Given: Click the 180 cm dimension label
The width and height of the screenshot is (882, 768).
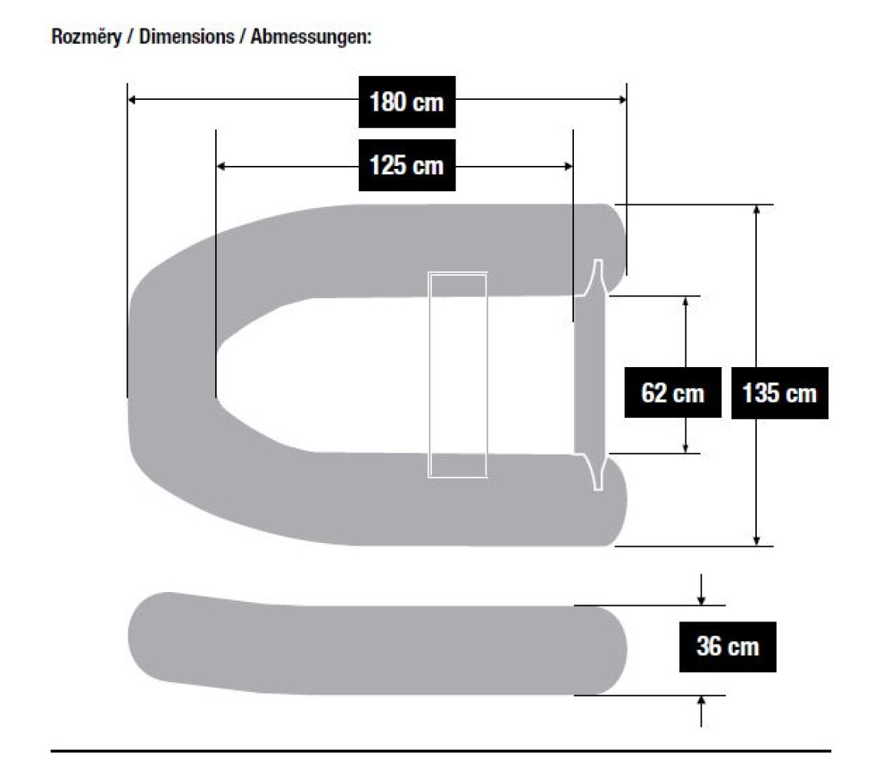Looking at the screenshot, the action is [x=407, y=101].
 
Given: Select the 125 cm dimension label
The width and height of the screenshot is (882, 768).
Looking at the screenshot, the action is [x=407, y=165].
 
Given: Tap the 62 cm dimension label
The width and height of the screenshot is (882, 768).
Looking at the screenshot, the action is [x=672, y=393].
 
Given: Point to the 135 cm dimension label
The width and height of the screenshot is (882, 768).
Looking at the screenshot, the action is [x=779, y=393].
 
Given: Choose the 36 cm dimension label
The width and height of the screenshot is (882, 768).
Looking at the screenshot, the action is [x=727, y=646].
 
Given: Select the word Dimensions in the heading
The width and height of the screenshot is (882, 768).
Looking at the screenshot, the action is [x=187, y=37].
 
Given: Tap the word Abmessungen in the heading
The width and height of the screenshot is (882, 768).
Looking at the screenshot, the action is [x=311, y=37].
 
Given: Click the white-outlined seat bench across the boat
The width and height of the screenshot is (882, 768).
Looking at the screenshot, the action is [x=458, y=375].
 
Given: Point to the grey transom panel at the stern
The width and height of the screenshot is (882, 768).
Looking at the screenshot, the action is [x=590, y=375].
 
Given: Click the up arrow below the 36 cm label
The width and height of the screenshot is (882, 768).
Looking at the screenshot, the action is [x=701, y=701].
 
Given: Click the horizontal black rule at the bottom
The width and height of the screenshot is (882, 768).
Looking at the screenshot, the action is [x=441, y=750].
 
